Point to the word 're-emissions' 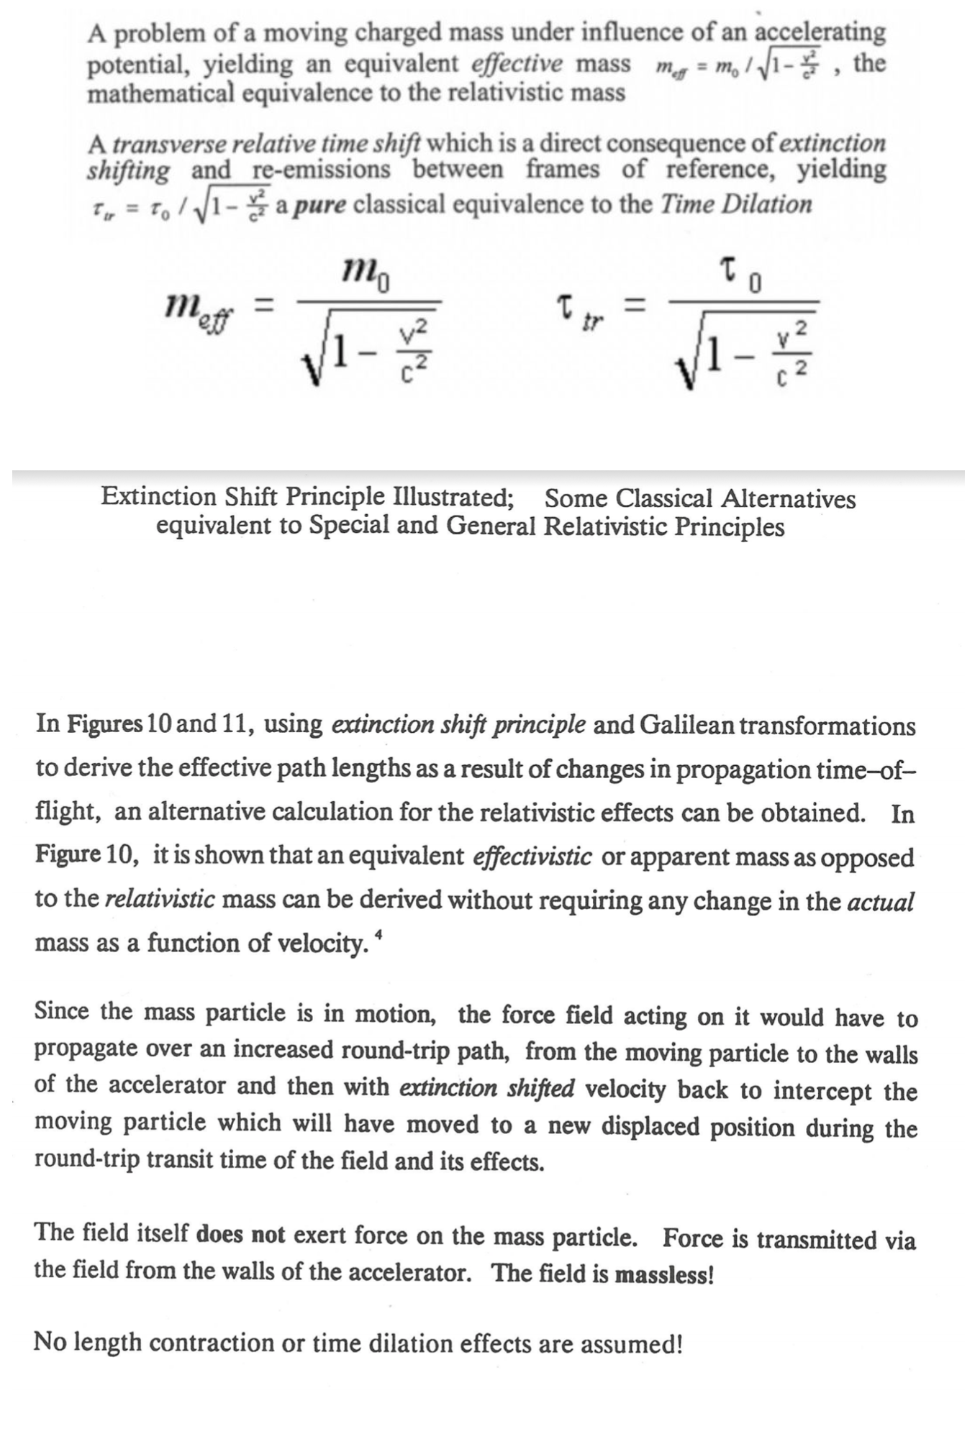click(x=322, y=170)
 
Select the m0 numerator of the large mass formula click(x=367, y=273)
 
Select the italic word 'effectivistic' click(x=532, y=857)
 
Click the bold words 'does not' click(x=240, y=1235)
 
